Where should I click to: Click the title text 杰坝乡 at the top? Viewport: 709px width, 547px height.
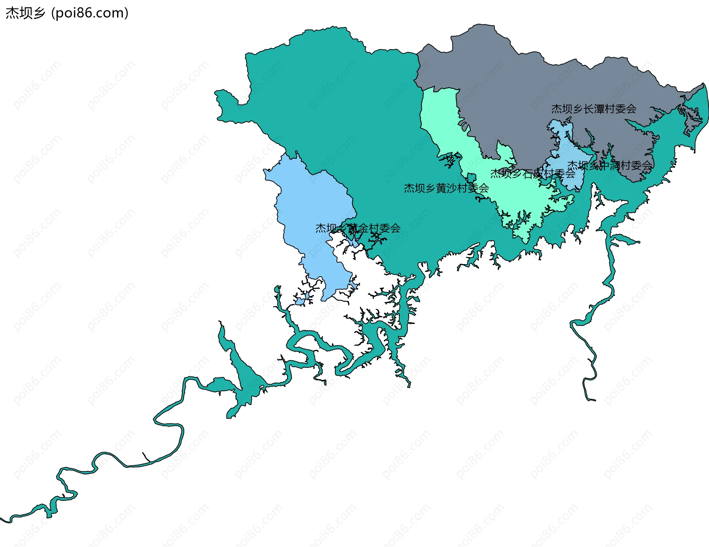click(x=25, y=13)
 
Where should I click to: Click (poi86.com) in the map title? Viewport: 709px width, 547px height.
click(x=90, y=13)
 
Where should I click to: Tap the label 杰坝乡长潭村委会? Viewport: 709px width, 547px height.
click(x=594, y=109)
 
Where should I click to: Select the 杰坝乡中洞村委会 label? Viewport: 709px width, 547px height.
click(x=610, y=165)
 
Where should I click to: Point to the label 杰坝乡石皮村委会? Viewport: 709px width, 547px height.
click(x=533, y=173)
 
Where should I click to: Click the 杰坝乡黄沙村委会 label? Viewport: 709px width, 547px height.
click(x=446, y=188)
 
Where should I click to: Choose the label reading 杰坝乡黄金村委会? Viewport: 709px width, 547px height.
click(x=358, y=228)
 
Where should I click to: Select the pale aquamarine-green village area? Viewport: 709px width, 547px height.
click(x=439, y=118)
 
